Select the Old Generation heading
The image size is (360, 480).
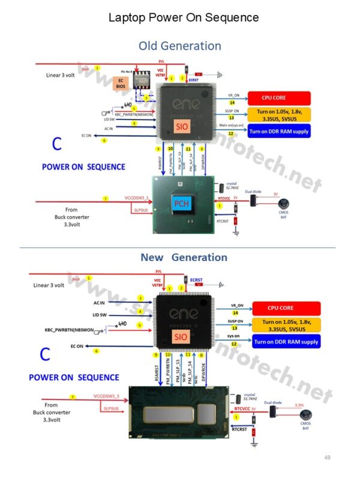pos(179,46)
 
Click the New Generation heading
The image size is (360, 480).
pos(184,257)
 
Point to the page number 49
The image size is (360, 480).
pos(327,457)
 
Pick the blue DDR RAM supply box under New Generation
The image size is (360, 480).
pos(286,341)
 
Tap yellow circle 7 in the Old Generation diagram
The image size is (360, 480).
pos(105,199)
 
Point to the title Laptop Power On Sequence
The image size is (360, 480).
pos(183,17)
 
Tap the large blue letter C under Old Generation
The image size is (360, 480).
pos(56,144)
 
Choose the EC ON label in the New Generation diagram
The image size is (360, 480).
pos(77,346)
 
